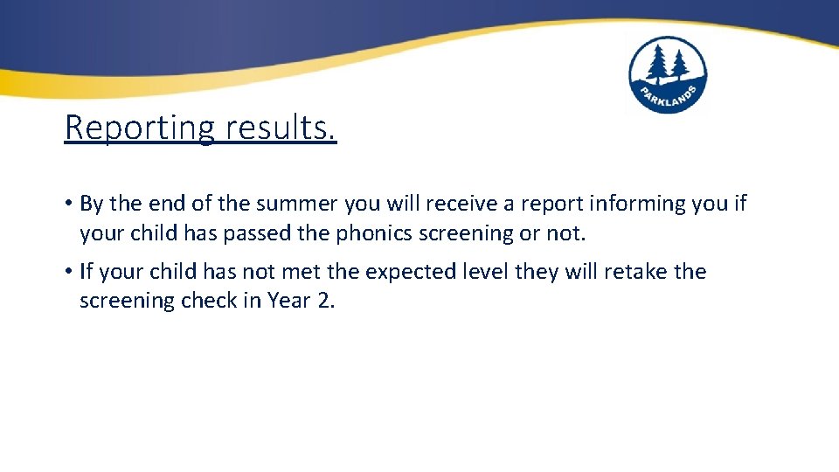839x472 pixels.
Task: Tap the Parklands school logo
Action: [x=668, y=76]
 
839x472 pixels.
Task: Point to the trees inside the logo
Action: [x=667, y=64]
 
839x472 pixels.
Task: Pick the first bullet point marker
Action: [x=67, y=204]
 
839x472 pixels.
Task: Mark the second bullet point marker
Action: [x=67, y=272]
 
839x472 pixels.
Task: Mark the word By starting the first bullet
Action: [x=92, y=204]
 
